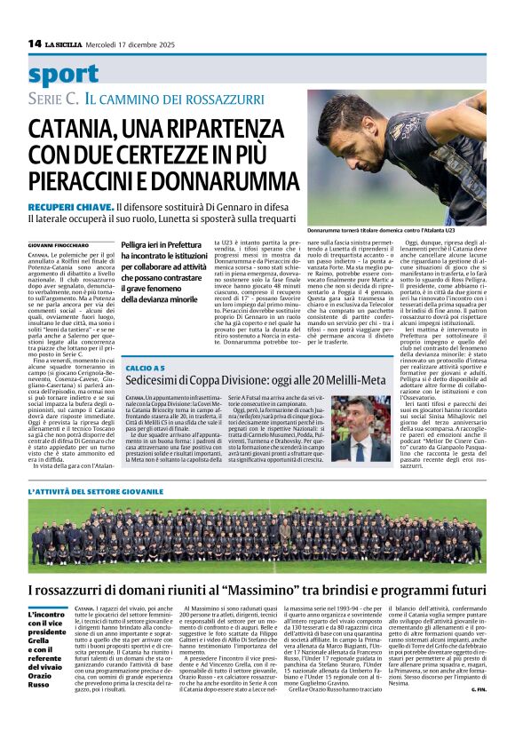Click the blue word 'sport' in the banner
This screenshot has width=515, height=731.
tap(63, 75)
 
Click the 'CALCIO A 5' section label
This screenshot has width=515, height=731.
tap(146, 366)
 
